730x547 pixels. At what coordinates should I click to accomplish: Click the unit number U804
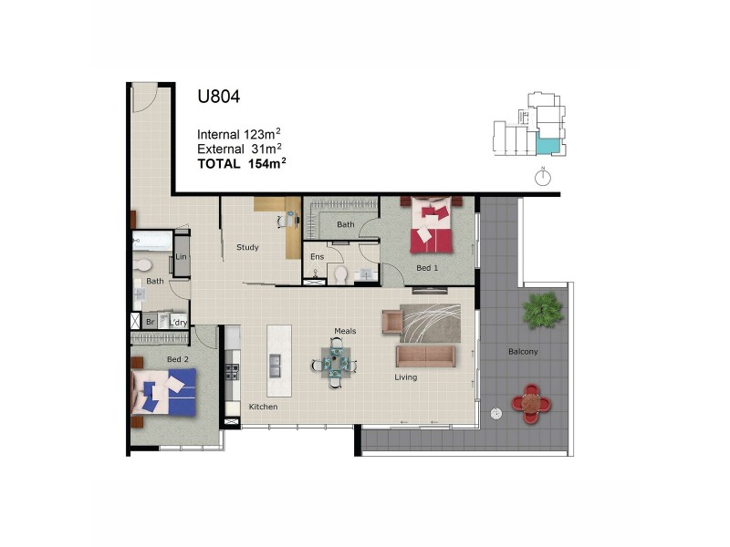[219, 96]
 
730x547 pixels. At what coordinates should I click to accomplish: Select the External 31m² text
[239, 149]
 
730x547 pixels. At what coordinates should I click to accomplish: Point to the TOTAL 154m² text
[242, 164]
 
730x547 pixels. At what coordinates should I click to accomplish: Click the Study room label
[247, 247]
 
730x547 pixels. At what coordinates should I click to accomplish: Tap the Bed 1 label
[427, 268]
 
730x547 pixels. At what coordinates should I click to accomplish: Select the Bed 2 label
[177, 359]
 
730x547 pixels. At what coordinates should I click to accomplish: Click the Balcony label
[524, 352]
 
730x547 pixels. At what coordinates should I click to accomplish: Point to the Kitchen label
[263, 407]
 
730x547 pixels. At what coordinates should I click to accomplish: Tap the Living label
[405, 377]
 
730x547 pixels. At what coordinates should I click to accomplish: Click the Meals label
[345, 331]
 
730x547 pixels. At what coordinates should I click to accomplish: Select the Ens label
[317, 256]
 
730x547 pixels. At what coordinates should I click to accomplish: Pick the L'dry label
[178, 321]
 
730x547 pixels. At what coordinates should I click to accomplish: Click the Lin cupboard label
[182, 257]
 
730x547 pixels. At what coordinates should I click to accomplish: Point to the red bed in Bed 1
[431, 227]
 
